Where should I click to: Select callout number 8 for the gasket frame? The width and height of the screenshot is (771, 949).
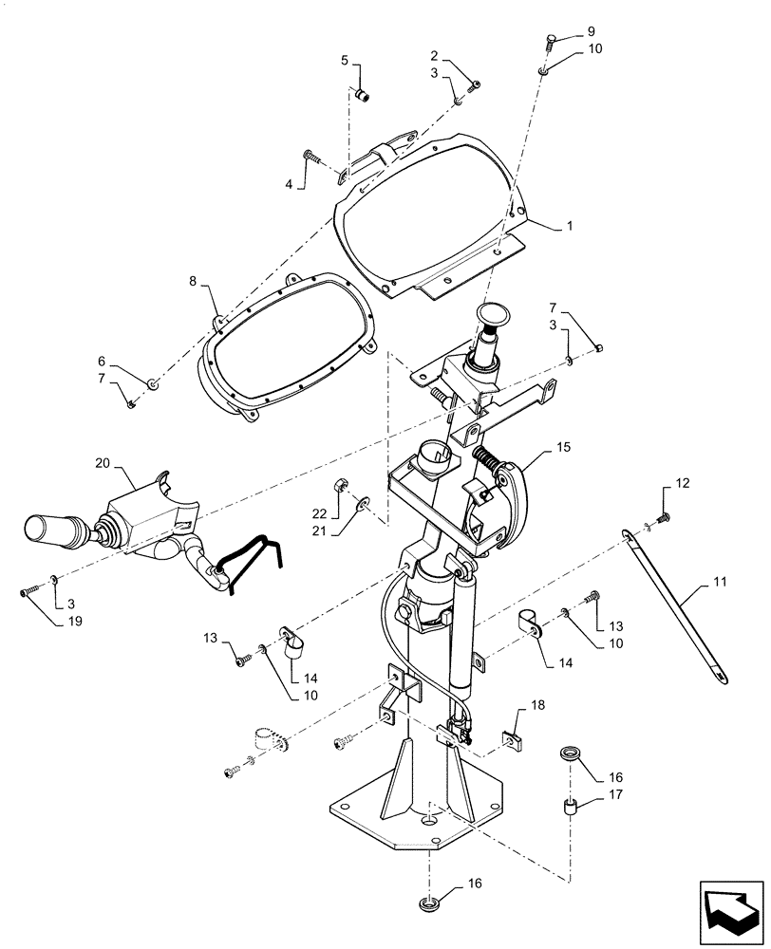click(x=193, y=281)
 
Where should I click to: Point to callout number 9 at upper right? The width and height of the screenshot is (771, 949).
click(x=566, y=30)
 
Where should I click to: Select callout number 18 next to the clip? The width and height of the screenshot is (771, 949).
click(x=538, y=707)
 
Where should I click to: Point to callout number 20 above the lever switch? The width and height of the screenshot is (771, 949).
click(x=103, y=463)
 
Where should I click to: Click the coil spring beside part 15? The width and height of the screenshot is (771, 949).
click(x=487, y=460)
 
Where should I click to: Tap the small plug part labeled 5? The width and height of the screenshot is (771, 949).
click(x=363, y=93)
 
